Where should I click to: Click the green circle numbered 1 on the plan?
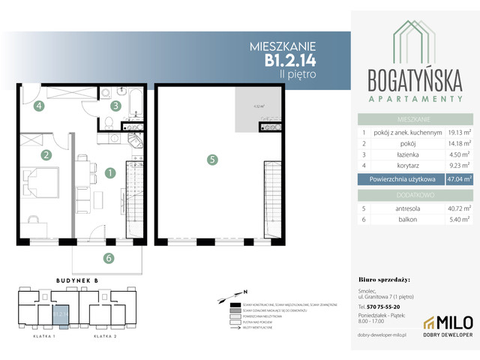click(x=109, y=172)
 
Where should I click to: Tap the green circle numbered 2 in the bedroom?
click(x=46, y=155)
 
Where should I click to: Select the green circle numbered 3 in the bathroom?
click(x=115, y=106)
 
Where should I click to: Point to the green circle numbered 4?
click(x=37, y=106)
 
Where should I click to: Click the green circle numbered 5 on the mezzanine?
click(x=212, y=159)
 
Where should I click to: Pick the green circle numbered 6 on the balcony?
click(x=109, y=259)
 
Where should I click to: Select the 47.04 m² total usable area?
click(x=459, y=179)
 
